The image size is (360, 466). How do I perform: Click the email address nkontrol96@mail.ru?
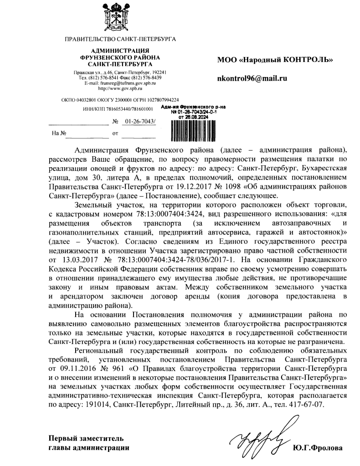tap(252, 78)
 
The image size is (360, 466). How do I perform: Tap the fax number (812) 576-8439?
tap(137, 78)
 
